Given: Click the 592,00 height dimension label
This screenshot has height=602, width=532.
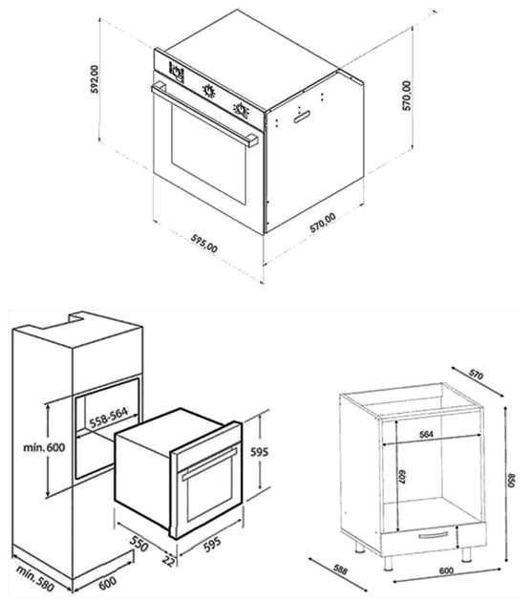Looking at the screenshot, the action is [x=95, y=79].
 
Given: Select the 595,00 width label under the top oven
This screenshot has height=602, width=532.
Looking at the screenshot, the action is [x=204, y=244].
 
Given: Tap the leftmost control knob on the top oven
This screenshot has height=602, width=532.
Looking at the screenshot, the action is [x=177, y=73].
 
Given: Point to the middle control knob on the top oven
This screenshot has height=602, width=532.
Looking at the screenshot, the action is [x=208, y=91].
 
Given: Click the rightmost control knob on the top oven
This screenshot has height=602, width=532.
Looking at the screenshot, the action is [x=241, y=109].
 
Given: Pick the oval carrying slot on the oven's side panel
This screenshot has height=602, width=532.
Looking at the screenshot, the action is [x=302, y=117].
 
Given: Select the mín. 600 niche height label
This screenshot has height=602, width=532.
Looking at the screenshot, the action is [x=44, y=447].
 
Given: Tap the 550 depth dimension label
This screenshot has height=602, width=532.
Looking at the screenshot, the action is [x=138, y=544].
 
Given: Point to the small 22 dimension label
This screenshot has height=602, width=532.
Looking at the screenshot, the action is [x=168, y=561].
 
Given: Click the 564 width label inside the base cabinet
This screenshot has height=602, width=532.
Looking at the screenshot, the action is [x=426, y=434].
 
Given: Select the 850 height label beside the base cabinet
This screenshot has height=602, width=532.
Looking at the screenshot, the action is [x=511, y=480].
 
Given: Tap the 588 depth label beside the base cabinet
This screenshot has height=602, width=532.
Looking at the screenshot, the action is [x=340, y=570].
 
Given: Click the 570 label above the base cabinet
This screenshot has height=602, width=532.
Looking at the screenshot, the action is [x=476, y=376].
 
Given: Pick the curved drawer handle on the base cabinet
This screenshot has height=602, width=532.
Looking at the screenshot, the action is [x=434, y=535].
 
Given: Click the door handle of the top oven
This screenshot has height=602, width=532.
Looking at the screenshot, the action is [x=204, y=114].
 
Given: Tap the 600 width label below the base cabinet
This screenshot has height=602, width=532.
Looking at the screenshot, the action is [x=446, y=570].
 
